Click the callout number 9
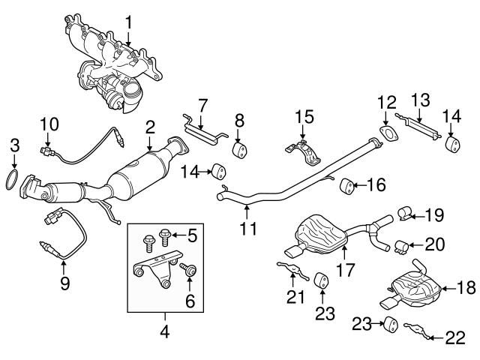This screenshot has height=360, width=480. (x=64, y=283)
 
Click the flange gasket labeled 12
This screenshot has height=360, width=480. (x=388, y=136)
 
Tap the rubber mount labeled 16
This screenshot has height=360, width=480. (x=346, y=184)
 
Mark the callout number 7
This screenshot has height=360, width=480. (x=202, y=102)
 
